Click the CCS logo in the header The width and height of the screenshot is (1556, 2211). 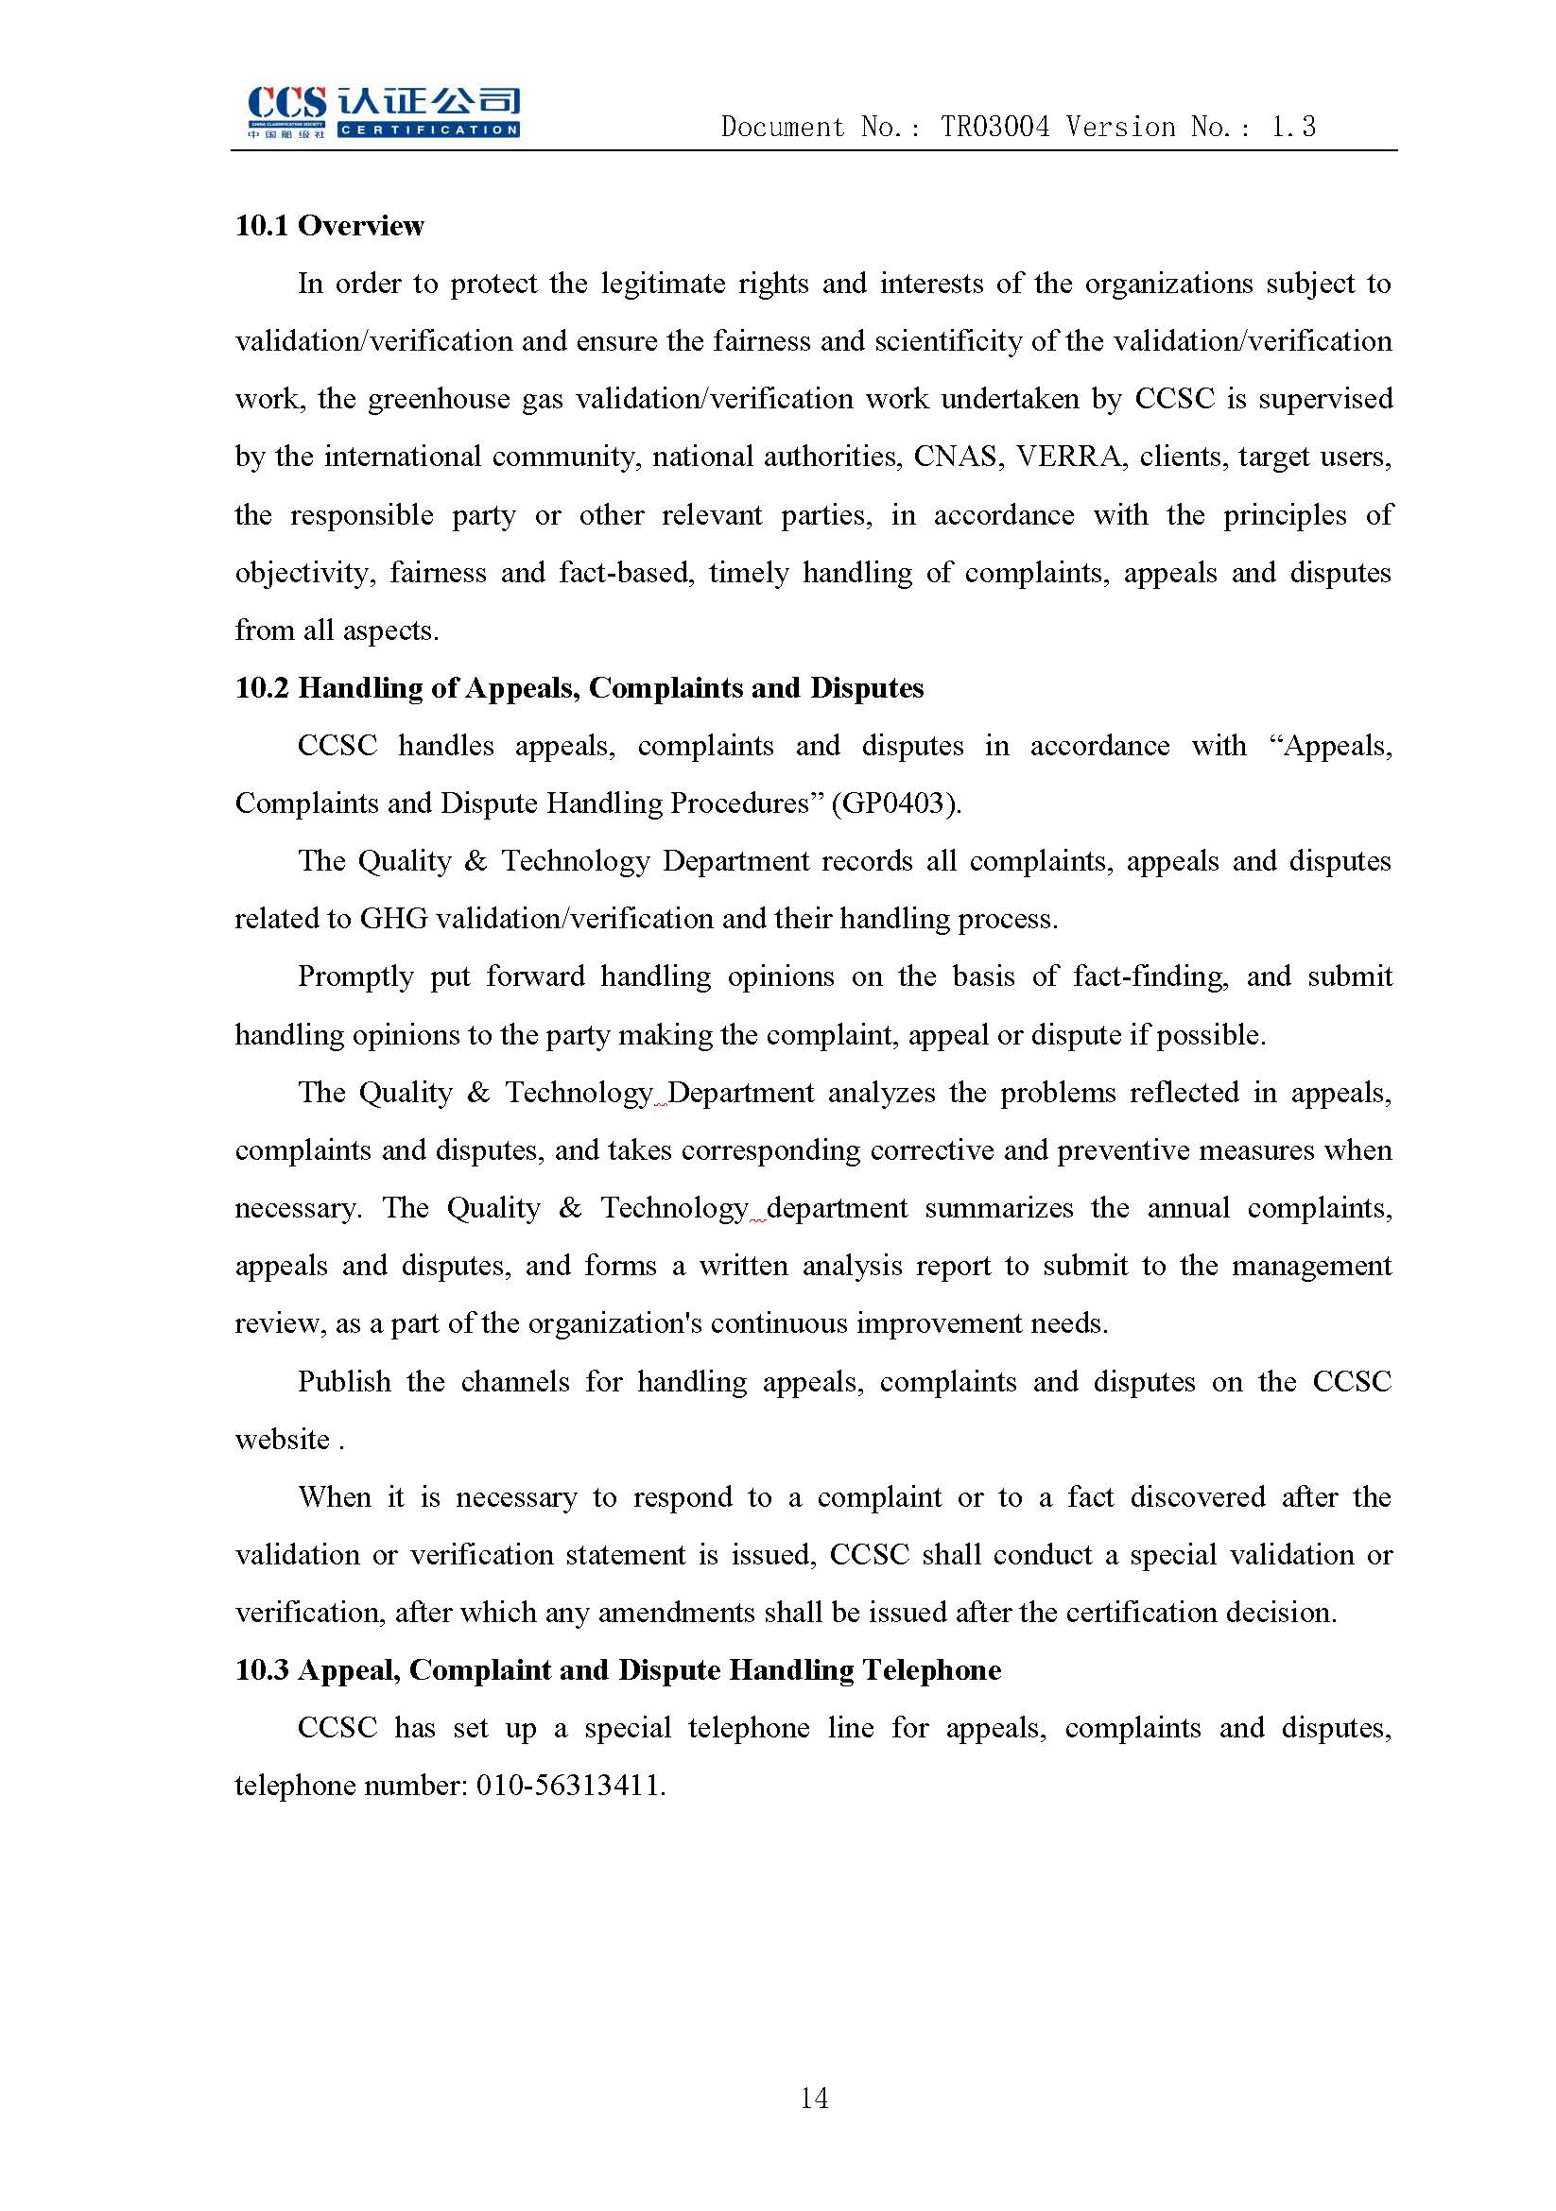point(383,112)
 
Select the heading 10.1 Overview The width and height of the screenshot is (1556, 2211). point(329,225)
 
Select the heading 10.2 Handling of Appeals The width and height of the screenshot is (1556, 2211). point(579,687)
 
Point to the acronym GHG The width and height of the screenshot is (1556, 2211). point(393,919)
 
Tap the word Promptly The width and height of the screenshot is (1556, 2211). point(355,976)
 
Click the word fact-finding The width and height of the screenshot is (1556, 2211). point(1150,976)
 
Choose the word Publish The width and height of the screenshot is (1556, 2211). point(344,1382)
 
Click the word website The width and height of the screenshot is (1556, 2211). point(282,1440)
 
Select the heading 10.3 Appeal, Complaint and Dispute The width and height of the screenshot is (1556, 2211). point(617,1670)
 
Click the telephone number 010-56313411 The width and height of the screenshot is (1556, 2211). point(568,1787)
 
